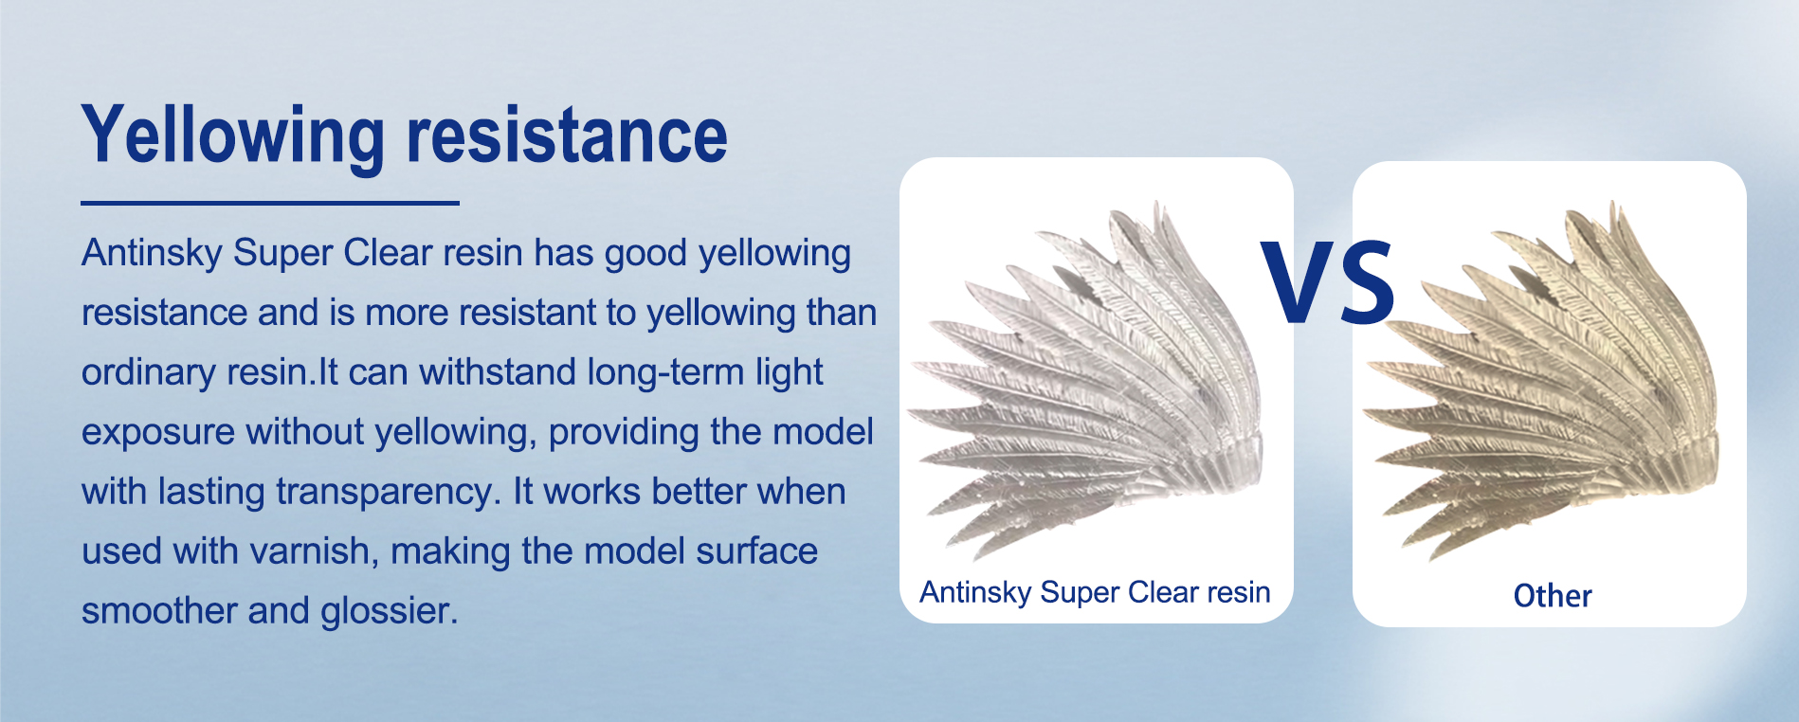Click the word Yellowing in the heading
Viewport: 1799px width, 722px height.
(234, 137)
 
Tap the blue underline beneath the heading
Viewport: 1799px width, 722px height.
(270, 203)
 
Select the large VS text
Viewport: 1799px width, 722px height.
(1327, 281)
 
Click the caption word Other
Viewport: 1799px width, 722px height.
(1553, 596)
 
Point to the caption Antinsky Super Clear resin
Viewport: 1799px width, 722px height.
(1095, 592)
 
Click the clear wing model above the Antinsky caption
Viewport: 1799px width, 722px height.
(1086, 379)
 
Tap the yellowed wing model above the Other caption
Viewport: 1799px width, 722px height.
(1541, 379)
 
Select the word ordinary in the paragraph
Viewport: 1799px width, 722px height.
(149, 373)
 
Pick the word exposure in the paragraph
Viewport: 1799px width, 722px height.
(157, 433)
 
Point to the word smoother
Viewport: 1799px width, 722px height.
(159, 611)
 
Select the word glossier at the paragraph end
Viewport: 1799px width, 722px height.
(390, 612)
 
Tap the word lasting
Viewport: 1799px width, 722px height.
(211, 493)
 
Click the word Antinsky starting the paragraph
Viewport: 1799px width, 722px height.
(152, 254)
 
